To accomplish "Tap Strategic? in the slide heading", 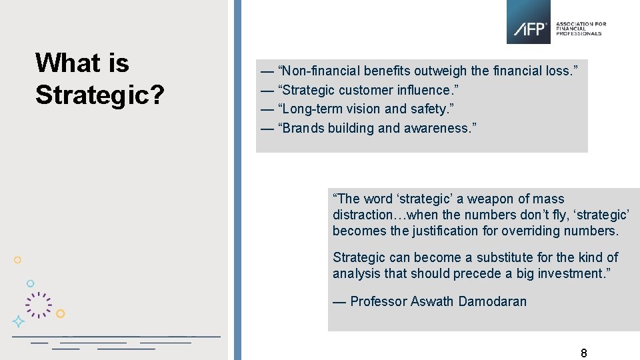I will point(100,95).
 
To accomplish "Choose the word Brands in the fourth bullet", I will point(303,128).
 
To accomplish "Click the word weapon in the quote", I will point(489,199).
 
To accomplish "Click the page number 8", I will point(584,353).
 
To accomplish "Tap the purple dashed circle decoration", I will point(39,305).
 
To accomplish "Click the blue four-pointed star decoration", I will point(19,321).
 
